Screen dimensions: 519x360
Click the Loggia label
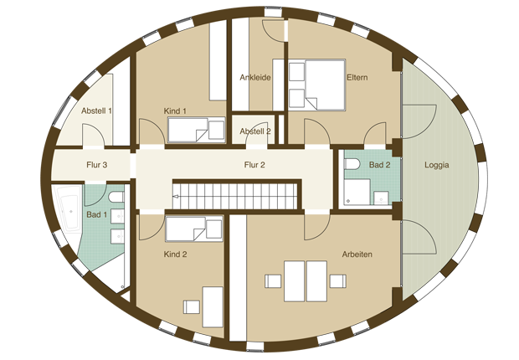coord(437,165)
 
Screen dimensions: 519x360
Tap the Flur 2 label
coord(254,165)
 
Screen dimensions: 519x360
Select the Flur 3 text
coord(96,165)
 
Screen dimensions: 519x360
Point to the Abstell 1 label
coord(96,111)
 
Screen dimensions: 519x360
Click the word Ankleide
coord(255,78)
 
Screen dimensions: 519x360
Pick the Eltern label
coord(357,78)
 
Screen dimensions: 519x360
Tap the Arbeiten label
coord(357,255)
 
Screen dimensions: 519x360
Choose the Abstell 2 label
coord(255,131)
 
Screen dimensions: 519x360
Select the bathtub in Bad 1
coord(70,208)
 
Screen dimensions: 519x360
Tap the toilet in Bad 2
coord(352,163)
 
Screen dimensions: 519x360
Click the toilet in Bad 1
coord(116,197)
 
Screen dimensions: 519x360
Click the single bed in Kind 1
coord(196,130)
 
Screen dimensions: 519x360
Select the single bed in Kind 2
coord(194,229)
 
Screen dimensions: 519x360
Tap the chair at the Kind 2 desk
coord(192,307)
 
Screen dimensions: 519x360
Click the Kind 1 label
coord(175,111)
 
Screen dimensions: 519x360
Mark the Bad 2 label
coord(380,165)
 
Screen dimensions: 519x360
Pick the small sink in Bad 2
coord(382,198)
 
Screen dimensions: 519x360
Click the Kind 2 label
coord(175,255)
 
